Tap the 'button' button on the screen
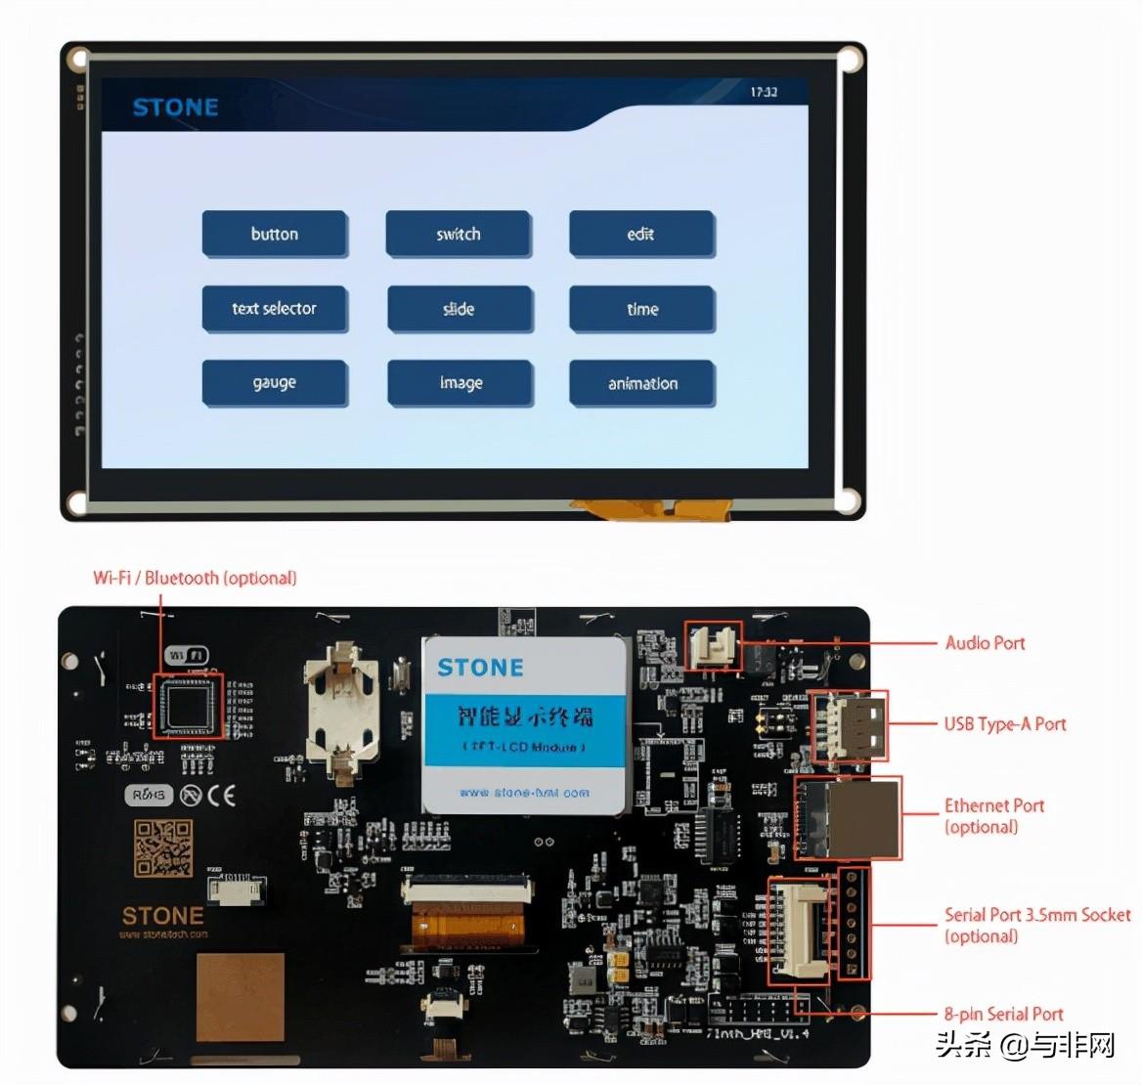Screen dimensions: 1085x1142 (275, 234)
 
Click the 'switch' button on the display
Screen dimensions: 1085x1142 (459, 234)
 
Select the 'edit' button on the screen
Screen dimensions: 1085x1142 (641, 234)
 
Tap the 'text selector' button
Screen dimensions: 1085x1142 (275, 308)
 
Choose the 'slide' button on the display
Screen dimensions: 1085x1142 (460, 309)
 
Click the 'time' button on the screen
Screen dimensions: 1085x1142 (642, 309)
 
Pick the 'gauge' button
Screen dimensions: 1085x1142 (275, 383)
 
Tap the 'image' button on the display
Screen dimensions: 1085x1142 (461, 383)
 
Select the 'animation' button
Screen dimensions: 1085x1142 (642, 383)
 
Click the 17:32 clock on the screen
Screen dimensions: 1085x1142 (764, 92)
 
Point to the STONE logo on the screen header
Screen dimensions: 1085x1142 (175, 108)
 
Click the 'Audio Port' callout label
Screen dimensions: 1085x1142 (985, 643)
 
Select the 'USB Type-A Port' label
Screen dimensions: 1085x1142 (1004, 724)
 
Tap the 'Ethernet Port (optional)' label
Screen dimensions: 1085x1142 (993, 816)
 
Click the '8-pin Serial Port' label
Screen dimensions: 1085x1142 (1003, 1014)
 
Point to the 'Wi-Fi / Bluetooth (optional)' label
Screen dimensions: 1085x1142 (195, 578)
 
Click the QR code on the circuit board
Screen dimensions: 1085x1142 (163, 847)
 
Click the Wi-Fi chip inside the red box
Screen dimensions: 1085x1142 (189, 705)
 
